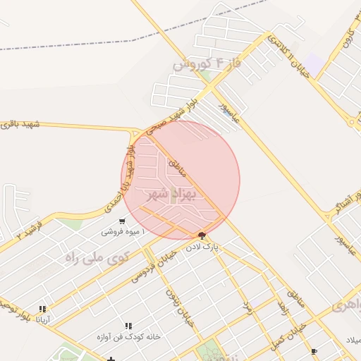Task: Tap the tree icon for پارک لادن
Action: pos(202,235)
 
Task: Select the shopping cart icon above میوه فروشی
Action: pos(124,219)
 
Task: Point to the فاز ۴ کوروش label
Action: pos(207,63)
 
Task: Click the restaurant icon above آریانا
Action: pos(43,309)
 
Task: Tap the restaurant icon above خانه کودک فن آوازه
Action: pos(128,326)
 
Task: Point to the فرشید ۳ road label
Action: pos(30,231)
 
